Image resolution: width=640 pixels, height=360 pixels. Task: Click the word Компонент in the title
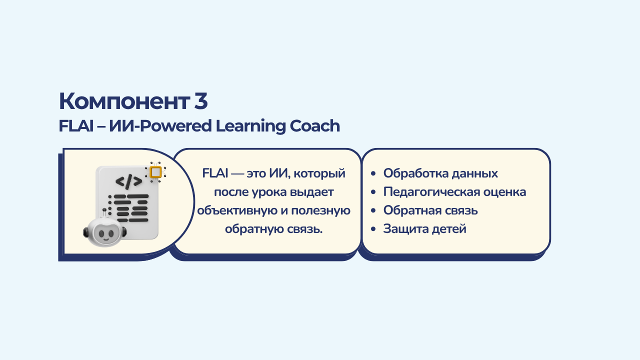[x=124, y=101]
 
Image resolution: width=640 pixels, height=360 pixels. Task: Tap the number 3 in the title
[x=201, y=101]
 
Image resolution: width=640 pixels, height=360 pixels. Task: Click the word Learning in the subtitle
[x=250, y=126]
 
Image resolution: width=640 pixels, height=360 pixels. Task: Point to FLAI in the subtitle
[x=76, y=126]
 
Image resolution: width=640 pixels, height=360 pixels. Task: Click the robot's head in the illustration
[x=105, y=232]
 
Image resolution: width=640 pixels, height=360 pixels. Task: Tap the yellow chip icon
[x=155, y=172]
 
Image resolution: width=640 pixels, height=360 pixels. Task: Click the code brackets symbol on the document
[x=129, y=181]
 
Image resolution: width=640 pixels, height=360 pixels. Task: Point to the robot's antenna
[x=104, y=213]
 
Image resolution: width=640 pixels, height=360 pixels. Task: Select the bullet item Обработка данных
[x=440, y=173]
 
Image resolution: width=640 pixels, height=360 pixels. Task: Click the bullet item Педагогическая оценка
[x=454, y=192]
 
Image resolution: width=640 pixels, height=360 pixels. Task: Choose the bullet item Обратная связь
[x=430, y=210]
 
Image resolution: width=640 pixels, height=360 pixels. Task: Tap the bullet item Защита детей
[x=424, y=229]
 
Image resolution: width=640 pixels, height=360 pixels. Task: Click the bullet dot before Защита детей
[x=373, y=229]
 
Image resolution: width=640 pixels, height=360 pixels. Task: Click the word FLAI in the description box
[x=215, y=173]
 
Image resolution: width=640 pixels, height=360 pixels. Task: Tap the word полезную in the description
[x=320, y=210]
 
